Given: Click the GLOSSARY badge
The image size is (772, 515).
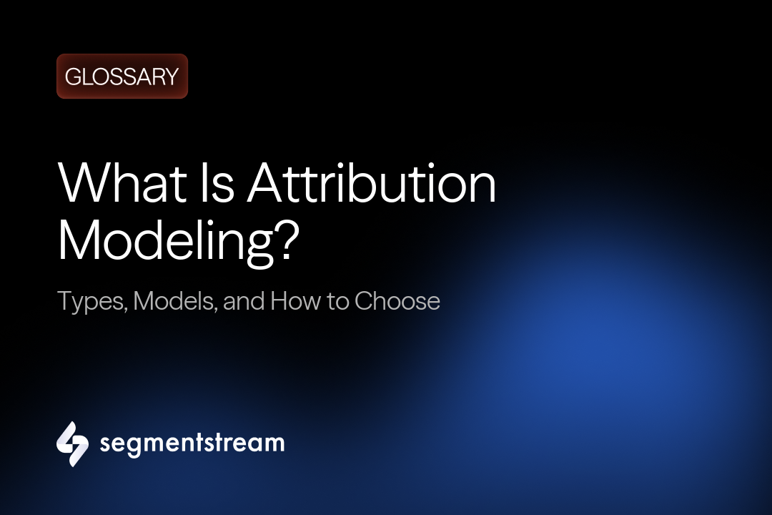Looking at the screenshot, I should [122, 77].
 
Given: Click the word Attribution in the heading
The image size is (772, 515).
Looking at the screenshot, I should [372, 185].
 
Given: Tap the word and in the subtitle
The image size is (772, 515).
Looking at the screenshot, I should [243, 300].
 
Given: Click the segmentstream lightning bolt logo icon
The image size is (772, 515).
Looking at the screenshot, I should [72, 443].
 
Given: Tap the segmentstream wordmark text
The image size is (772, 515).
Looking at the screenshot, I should [192, 443].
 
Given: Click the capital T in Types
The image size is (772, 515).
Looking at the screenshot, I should [65, 300].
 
